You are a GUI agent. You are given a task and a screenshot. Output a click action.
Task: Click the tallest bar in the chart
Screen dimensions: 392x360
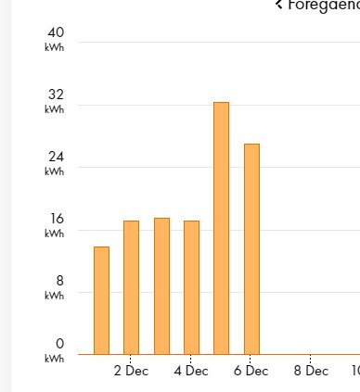click(x=221, y=228)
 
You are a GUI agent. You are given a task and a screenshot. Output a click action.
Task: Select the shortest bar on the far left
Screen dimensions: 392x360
click(x=101, y=300)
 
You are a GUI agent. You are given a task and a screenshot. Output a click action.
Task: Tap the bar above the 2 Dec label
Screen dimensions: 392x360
click(x=131, y=287)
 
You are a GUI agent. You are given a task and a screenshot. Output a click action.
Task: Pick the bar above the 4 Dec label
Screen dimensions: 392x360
click(x=191, y=287)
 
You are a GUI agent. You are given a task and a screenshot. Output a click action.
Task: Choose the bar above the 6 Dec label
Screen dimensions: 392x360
click(x=251, y=248)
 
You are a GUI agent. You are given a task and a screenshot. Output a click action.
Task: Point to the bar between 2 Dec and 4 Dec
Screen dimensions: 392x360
click(x=161, y=285)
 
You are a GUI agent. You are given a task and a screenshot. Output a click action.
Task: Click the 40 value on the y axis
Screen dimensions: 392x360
click(x=56, y=33)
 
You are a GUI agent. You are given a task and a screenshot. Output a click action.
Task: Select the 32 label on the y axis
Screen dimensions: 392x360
click(x=56, y=95)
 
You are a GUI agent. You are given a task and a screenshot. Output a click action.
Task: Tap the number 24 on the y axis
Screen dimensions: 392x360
click(x=56, y=158)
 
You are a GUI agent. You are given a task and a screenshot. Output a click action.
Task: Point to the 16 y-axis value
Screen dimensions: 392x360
click(x=56, y=220)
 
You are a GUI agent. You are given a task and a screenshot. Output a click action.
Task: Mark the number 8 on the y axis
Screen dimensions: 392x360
click(x=58, y=282)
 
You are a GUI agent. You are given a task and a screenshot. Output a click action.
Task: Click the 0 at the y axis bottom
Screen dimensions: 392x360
click(x=58, y=344)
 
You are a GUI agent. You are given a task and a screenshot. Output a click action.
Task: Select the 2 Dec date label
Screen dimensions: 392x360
click(x=131, y=371)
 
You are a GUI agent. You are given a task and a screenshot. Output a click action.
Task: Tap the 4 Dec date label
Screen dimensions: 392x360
click(x=191, y=371)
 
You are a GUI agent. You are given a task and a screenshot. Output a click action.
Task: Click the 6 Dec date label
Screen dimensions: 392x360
click(x=251, y=371)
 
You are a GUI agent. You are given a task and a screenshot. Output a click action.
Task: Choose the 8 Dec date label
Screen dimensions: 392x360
click(x=311, y=371)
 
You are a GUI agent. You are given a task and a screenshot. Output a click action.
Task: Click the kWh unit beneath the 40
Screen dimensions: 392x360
click(x=54, y=47)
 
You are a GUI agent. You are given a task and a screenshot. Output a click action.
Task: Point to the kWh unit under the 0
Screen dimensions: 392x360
click(x=54, y=358)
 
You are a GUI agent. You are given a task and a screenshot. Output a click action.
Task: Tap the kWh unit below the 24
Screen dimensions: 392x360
click(x=54, y=171)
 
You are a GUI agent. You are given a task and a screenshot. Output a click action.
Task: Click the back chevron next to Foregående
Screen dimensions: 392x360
click(x=278, y=5)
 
